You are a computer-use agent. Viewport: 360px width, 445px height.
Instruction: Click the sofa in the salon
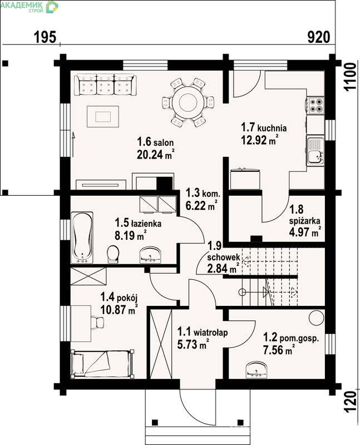(x=105, y=85)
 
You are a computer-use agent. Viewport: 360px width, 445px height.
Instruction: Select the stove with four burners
(x=315, y=105)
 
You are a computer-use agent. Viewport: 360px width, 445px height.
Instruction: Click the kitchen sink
(x=315, y=151)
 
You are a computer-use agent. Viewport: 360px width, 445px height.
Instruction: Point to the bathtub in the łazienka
(x=82, y=238)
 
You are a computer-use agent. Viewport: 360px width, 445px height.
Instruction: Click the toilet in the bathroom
(x=113, y=254)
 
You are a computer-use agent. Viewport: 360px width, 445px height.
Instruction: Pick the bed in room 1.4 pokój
(x=102, y=364)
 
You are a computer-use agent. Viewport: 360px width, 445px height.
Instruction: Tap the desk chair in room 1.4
(x=98, y=323)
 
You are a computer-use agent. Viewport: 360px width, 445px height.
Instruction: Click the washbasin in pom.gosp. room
(x=257, y=370)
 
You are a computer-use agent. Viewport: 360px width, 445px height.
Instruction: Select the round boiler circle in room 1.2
(x=316, y=318)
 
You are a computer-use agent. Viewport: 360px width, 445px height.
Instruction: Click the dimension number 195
(x=45, y=37)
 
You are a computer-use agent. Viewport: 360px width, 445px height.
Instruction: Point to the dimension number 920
(x=319, y=37)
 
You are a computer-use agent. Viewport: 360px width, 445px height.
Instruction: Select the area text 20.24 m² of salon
(x=155, y=154)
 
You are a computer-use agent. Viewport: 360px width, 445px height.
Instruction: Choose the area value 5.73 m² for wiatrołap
(x=193, y=344)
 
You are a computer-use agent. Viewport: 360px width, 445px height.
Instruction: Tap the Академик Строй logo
(x=29, y=7)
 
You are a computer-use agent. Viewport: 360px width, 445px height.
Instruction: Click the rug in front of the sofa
(x=103, y=117)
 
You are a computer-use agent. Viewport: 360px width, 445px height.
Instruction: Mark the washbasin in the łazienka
(x=150, y=255)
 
